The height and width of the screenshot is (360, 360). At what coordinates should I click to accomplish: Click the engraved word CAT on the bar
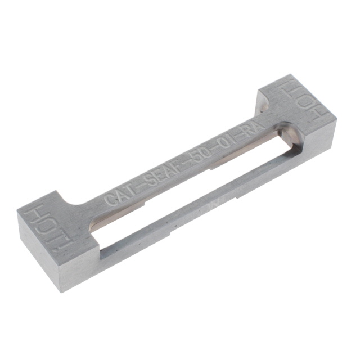click(120, 193)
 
